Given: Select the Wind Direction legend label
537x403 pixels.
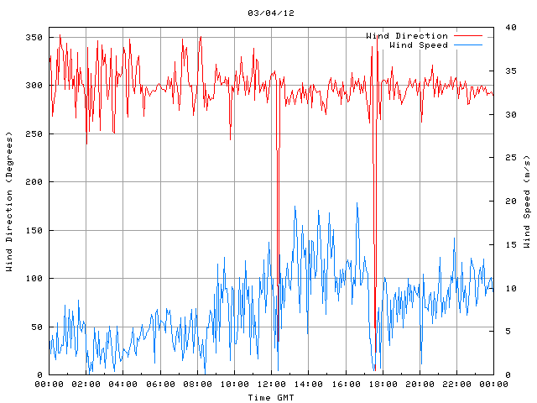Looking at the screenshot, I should tap(407, 36).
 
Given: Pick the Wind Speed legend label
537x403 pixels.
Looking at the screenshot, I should tap(419, 44).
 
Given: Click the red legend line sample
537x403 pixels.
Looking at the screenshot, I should tap(468, 36).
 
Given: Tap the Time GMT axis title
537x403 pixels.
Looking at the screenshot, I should tap(270, 396).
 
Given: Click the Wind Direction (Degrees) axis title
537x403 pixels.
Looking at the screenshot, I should tap(9, 201).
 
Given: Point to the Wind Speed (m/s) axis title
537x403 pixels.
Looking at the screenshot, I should tap(527, 201).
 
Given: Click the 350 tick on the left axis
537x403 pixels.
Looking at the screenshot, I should tap(34, 38).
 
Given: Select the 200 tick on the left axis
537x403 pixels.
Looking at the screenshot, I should tap(34, 182).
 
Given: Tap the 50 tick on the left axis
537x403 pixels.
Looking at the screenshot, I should tap(36, 327).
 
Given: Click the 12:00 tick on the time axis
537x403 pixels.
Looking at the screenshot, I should tap(271, 384).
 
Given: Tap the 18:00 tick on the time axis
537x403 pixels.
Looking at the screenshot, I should tap(382, 384).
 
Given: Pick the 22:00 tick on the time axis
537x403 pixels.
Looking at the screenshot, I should tap(456, 384).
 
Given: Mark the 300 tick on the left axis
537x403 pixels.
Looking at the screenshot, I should tap(34, 86).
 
